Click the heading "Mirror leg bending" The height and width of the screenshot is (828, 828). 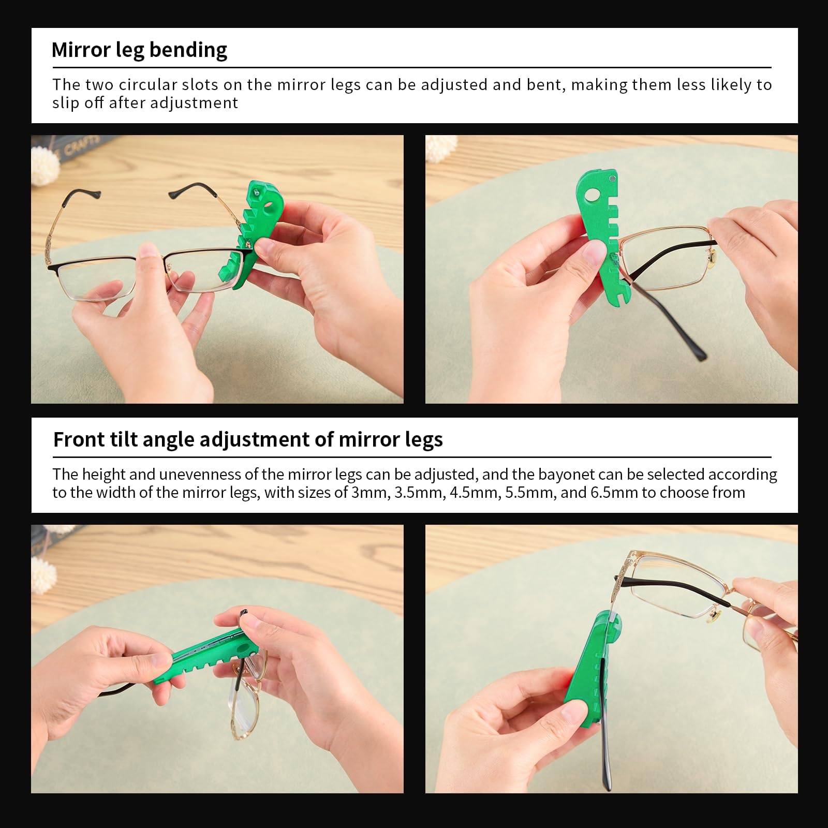pyautogui.click(x=139, y=50)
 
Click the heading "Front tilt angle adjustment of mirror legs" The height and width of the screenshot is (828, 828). pyautogui.click(x=248, y=439)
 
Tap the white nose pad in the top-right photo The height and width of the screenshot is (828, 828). pyautogui.click(x=713, y=255)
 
